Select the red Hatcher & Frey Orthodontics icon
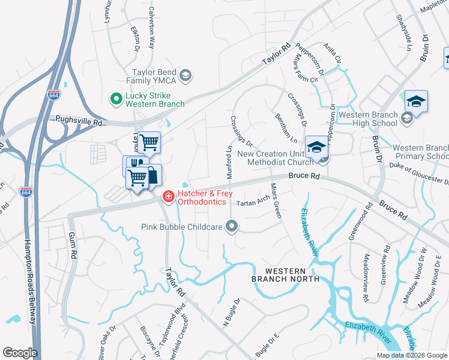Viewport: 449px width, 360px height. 169,196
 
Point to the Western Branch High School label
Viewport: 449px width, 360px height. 367,119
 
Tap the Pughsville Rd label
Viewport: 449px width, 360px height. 79,121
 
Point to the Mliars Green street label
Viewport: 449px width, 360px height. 277,200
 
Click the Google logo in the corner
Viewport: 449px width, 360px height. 20,353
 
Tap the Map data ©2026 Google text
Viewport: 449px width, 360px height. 411,355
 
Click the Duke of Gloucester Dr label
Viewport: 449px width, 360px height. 418,173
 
